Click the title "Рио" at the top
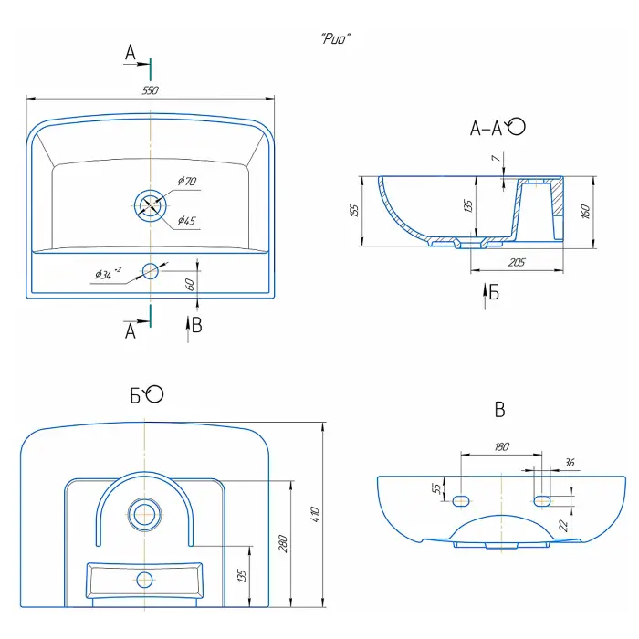point(337,38)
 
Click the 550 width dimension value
point(151,89)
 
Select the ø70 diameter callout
point(187,182)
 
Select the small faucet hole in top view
point(150,270)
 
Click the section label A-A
point(486,129)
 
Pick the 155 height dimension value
point(353,210)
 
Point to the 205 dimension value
point(517,263)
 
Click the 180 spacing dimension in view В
point(500,446)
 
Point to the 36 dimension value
point(571,463)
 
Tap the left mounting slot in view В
point(461,499)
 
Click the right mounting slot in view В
point(542,499)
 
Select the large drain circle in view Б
point(143,514)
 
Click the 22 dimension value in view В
point(564,525)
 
